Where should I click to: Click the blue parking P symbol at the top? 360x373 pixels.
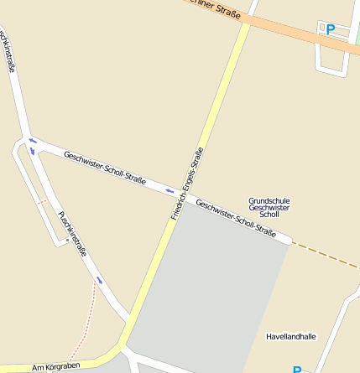coord(330,29)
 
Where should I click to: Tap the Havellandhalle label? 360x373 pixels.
coord(290,336)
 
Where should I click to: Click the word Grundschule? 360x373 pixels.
coord(269,200)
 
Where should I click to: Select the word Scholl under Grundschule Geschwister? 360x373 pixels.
coord(269,215)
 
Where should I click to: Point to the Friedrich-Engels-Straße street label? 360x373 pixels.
coord(187,184)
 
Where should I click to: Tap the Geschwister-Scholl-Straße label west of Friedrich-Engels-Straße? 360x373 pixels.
coord(105,168)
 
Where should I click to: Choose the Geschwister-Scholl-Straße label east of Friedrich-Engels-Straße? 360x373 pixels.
coord(236,218)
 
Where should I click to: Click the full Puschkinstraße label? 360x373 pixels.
coord(72,232)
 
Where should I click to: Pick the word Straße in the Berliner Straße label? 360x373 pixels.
coord(229,13)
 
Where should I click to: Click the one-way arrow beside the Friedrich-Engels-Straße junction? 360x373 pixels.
coord(170,190)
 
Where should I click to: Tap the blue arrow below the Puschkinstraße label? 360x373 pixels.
coord(99,280)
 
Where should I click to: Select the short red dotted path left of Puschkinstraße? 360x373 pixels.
coord(41,202)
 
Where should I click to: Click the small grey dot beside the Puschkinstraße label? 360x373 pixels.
coord(67,240)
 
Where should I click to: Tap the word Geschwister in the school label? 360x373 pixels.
coord(269,208)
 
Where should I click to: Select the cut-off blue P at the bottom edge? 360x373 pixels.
coord(296,370)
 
